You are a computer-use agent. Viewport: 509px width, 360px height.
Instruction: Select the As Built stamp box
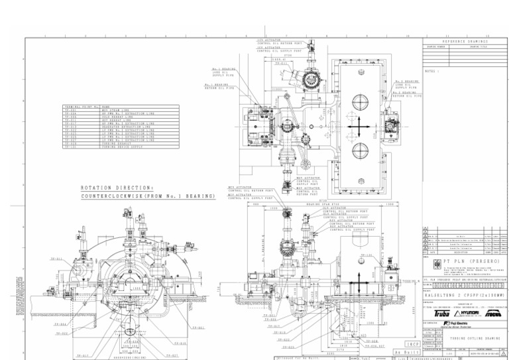[x=405, y=352]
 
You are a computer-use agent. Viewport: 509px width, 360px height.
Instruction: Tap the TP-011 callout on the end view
[x=56, y=259]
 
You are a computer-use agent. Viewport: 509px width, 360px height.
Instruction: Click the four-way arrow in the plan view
[x=357, y=125]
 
